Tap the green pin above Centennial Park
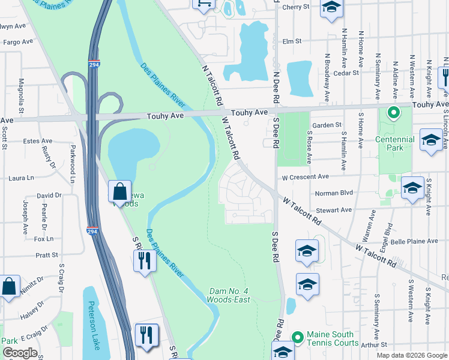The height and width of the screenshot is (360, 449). (393, 112)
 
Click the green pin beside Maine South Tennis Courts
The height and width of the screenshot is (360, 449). (297, 338)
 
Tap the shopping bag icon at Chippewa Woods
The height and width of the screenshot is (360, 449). (120, 191)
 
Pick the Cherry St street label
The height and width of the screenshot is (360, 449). (295, 7)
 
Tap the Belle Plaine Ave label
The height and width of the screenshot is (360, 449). (415, 241)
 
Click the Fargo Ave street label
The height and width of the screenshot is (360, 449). (17, 42)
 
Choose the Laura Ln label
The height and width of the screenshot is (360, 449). (21, 178)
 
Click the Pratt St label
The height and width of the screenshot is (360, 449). (46, 255)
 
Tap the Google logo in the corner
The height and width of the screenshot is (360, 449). (20, 353)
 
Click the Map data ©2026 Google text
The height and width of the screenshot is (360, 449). (411, 355)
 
